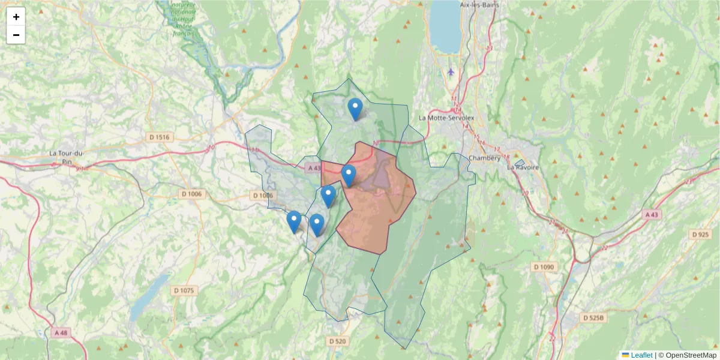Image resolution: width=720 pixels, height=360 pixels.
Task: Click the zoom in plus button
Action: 16,16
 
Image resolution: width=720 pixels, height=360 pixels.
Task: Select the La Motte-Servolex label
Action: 446,118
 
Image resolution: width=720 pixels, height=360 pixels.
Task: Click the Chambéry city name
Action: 484,158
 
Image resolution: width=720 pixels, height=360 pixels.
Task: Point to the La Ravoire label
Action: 523,167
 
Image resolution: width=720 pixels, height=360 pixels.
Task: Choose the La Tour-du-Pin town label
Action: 66,157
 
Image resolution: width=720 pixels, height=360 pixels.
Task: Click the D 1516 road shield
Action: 159,137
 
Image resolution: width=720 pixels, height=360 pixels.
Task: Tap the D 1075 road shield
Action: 184,291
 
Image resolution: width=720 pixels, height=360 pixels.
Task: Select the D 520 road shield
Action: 338,341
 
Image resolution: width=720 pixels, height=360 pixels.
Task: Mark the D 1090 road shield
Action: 544,266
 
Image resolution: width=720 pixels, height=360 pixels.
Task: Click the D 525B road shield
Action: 595,317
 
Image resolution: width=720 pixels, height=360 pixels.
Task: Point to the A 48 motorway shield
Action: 61,332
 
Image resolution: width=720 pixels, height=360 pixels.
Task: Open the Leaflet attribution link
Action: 641,355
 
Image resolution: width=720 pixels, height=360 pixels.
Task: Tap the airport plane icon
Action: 451,73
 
